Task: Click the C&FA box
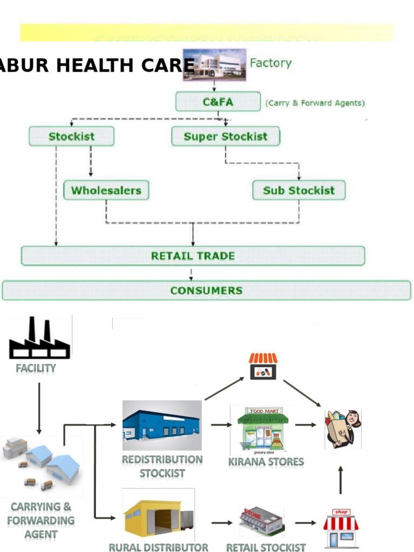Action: click(x=218, y=101)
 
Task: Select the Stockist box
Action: click(x=71, y=136)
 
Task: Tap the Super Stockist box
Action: click(x=225, y=136)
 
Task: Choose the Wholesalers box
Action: click(x=106, y=190)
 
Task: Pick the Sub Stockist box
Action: click(x=299, y=190)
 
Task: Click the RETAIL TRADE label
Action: click(x=192, y=256)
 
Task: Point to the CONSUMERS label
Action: click(x=206, y=291)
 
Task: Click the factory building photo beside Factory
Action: click(x=214, y=65)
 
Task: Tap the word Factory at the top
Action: click(x=271, y=63)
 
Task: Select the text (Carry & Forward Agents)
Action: click(x=315, y=103)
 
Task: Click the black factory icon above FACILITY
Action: click(x=39, y=338)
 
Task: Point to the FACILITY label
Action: click(x=36, y=368)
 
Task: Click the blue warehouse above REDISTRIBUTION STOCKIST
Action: click(x=162, y=425)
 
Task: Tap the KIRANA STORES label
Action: click(x=266, y=462)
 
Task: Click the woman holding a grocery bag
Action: click(x=343, y=429)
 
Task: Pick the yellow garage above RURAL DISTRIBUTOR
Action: click(x=157, y=516)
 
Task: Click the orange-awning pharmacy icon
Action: click(x=263, y=367)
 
